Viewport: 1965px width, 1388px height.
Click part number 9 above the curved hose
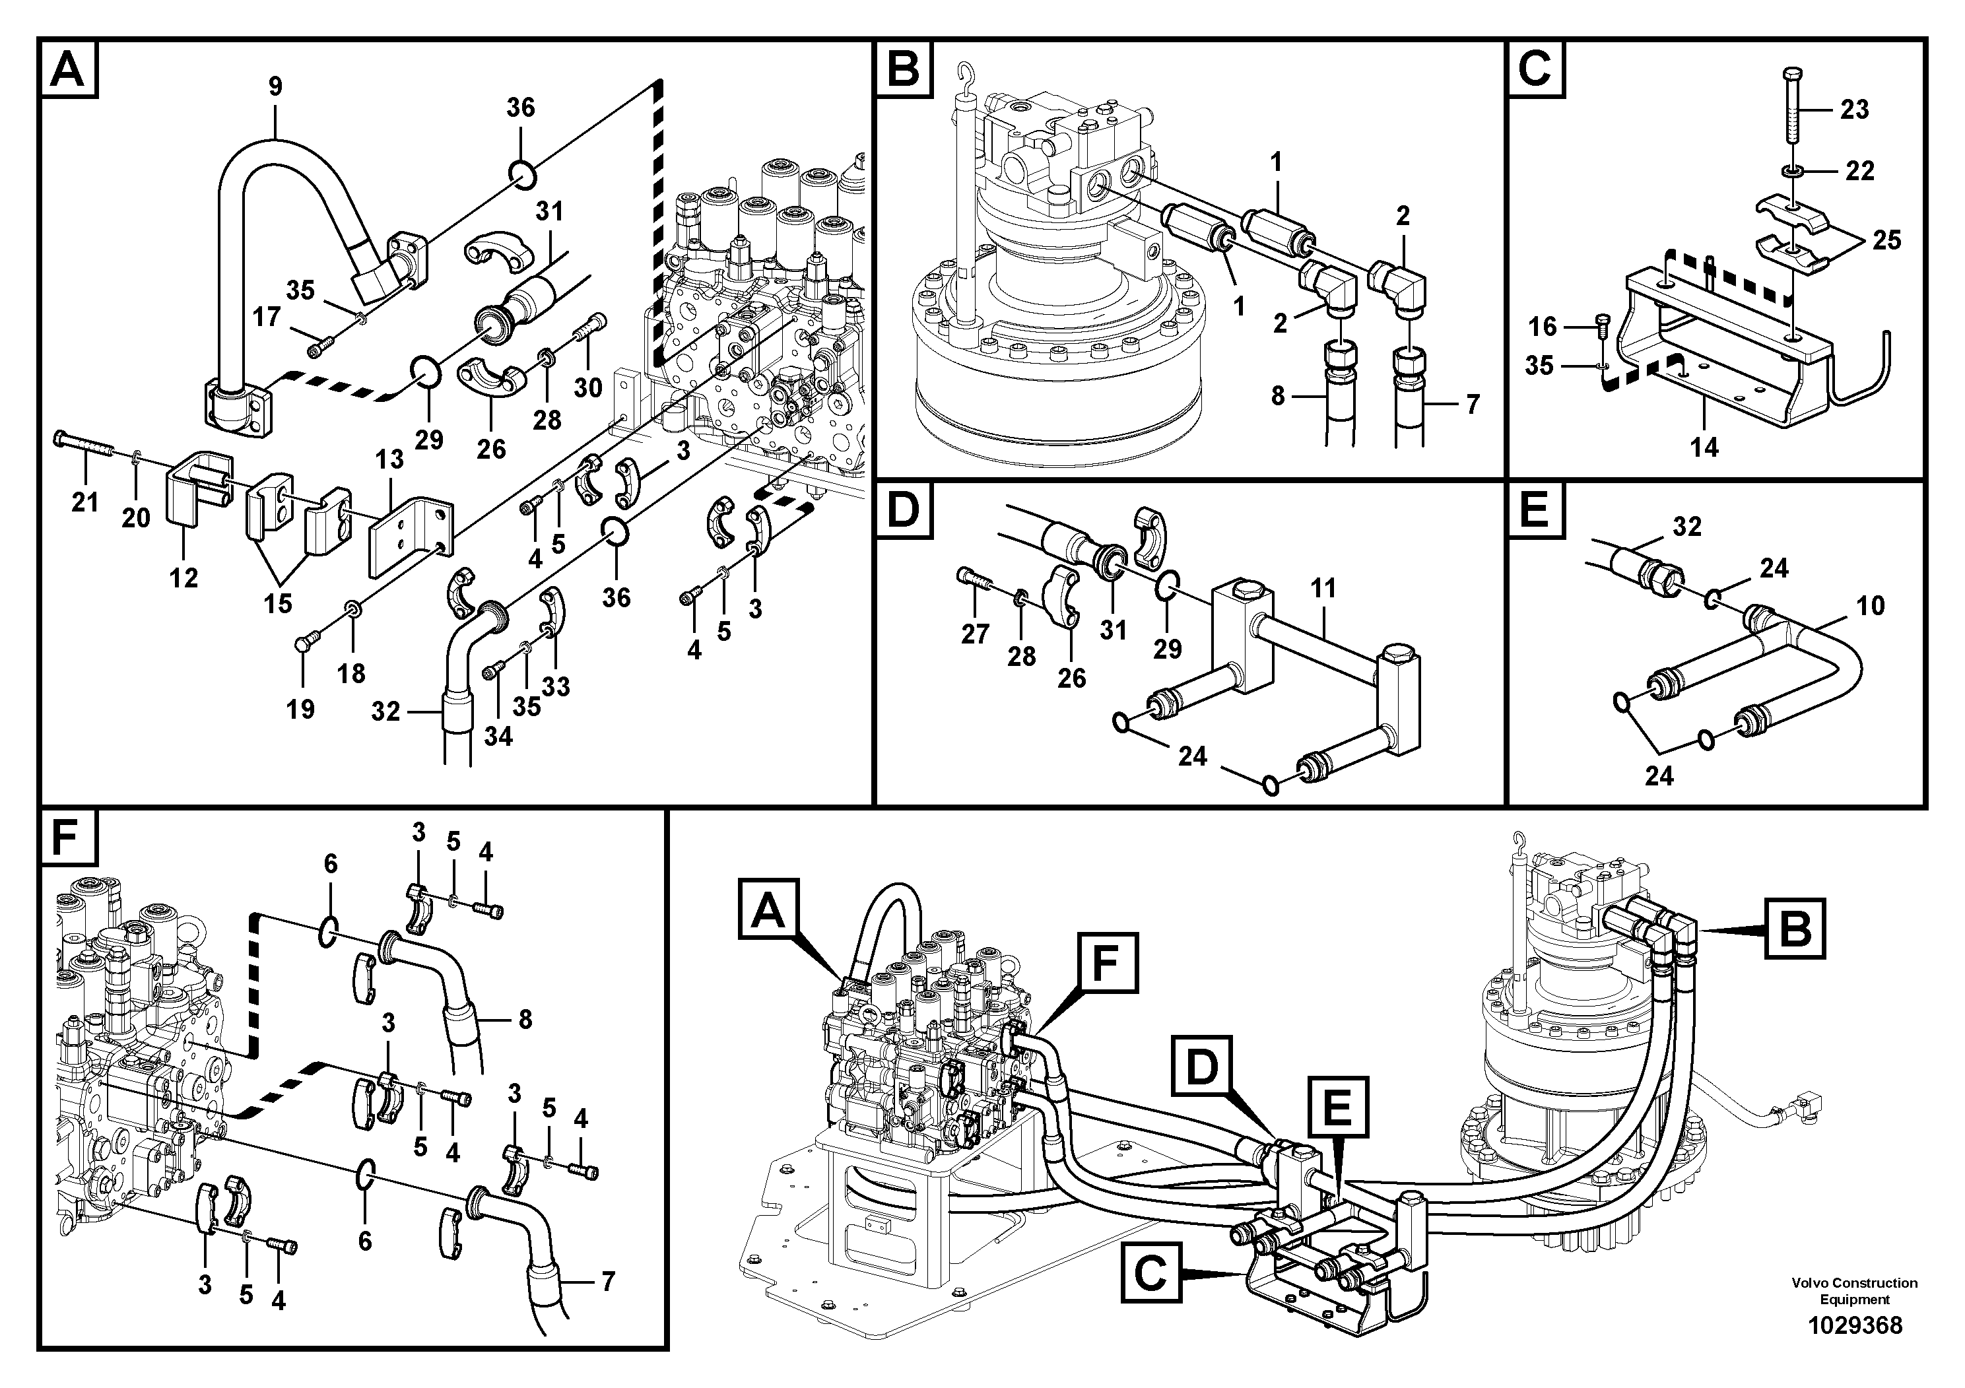(x=275, y=86)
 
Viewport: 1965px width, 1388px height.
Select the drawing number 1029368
(x=1855, y=1325)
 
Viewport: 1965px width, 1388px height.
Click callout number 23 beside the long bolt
(x=1855, y=110)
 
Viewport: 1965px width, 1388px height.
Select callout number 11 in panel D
(x=1323, y=589)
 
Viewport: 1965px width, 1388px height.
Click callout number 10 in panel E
(x=1870, y=606)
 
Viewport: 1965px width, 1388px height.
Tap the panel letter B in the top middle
(x=904, y=67)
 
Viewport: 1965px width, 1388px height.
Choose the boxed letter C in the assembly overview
(x=1150, y=1272)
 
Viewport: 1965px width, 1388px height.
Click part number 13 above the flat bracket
(x=389, y=459)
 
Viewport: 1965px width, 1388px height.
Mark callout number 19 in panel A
(x=300, y=709)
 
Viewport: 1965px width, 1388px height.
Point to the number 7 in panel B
(x=1473, y=405)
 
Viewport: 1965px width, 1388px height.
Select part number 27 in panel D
(x=975, y=634)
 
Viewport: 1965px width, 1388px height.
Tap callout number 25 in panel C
(x=1886, y=240)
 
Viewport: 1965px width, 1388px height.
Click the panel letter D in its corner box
(x=904, y=512)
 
